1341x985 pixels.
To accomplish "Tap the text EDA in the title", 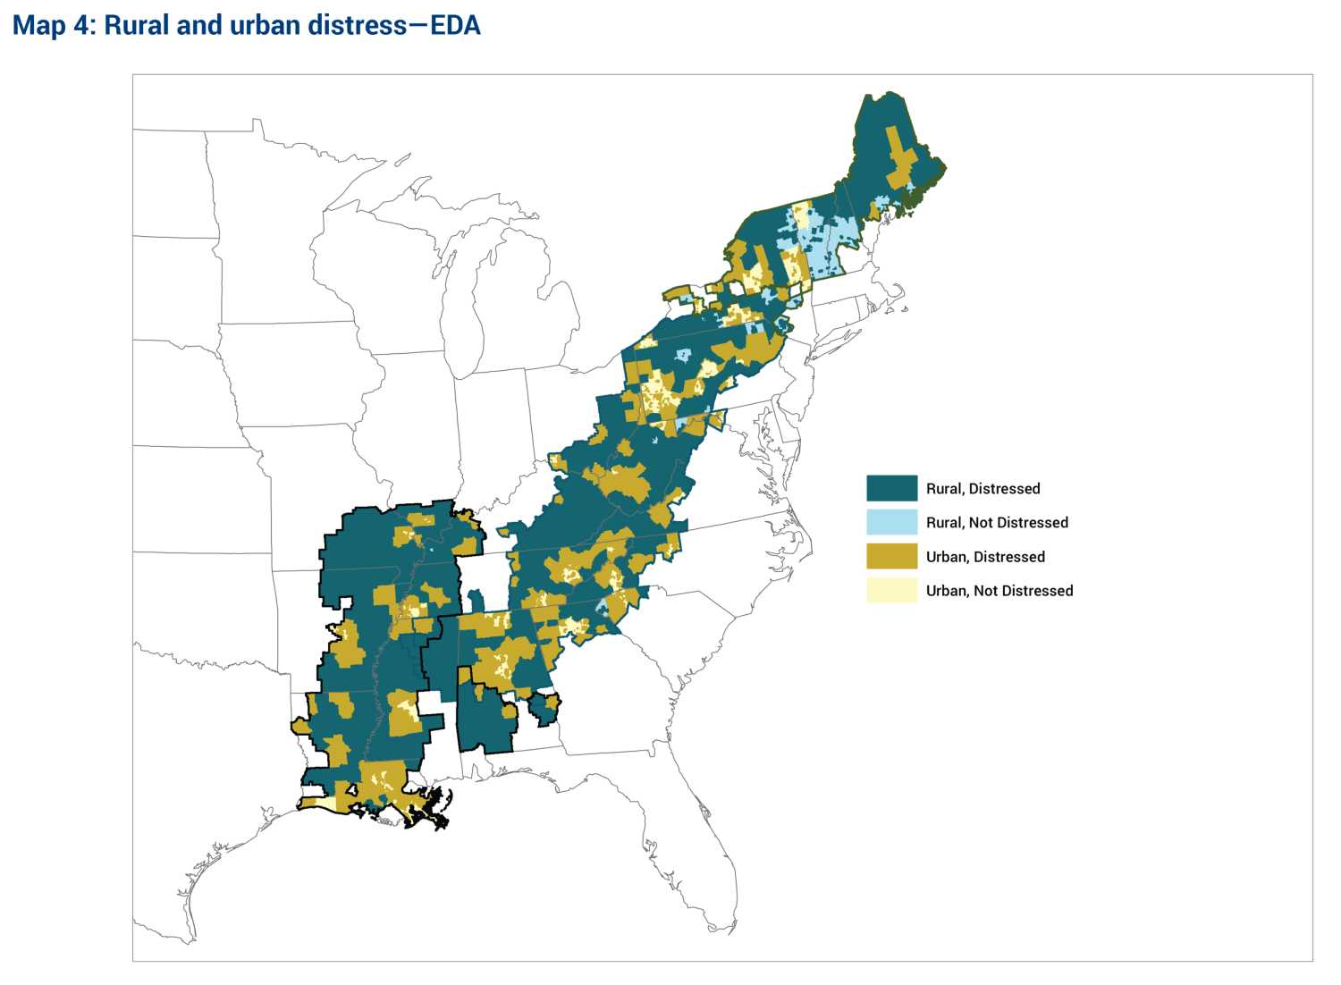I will [x=455, y=25].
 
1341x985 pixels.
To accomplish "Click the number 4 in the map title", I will [x=82, y=25].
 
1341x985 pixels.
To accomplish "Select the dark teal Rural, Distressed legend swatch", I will [x=891, y=488].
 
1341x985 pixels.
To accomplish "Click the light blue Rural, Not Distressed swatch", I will [x=891, y=522].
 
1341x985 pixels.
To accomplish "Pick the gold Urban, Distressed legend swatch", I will [x=891, y=556].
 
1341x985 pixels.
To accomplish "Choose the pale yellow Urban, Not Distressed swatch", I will [x=891, y=590].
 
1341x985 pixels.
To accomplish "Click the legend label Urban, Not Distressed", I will [x=999, y=591].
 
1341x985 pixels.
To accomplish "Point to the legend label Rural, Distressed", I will [x=983, y=489].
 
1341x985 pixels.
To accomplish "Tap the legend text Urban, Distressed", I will [x=984, y=557].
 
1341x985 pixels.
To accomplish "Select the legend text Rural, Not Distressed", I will [x=997, y=523].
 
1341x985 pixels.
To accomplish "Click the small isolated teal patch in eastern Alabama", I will [x=543, y=709].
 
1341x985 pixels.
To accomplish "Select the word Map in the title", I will [x=38, y=25].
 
